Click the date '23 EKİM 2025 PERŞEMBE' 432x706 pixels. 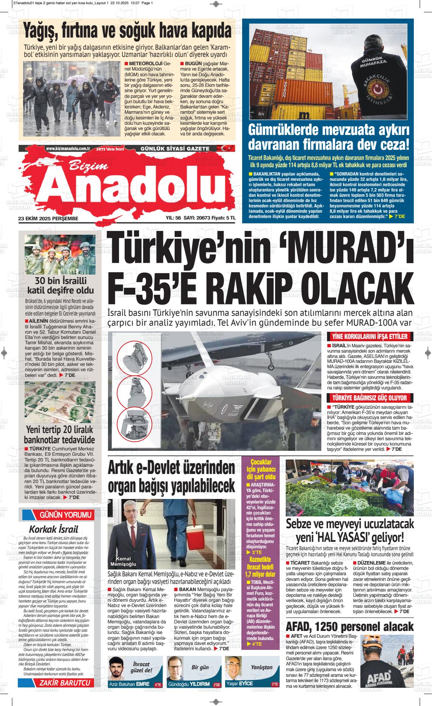48,218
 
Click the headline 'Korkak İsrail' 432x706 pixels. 53,529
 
